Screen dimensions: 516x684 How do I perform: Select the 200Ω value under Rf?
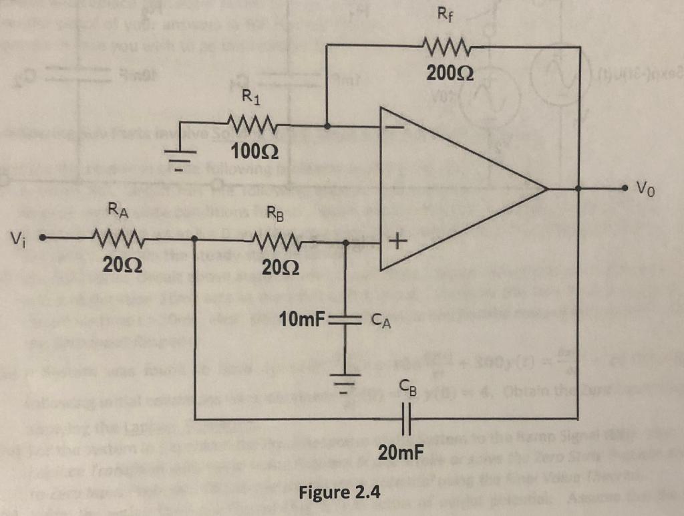click(x=447, y=73)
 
